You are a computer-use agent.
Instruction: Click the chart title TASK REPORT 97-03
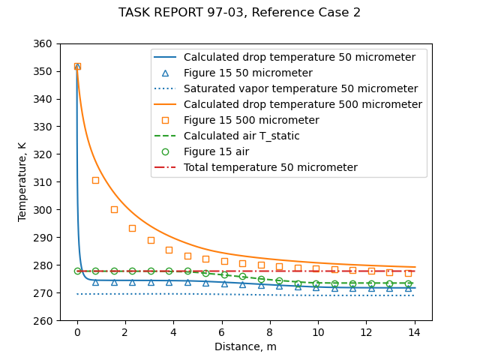coord(239,13)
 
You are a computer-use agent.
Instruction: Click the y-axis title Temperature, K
coord(22,182)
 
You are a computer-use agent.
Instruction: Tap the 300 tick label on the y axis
coord(44,210)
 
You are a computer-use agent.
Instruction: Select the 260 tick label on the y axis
coord(44,321)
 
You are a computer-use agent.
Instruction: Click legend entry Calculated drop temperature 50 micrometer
coord(299,58)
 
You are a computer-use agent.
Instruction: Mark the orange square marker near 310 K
coord(95,180)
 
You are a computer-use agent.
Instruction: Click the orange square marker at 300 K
coord(114,209)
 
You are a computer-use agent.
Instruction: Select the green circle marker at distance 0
coord(77,271)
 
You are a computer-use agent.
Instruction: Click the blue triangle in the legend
coord(166,73)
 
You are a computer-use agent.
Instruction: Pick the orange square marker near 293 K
coord(132,228)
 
